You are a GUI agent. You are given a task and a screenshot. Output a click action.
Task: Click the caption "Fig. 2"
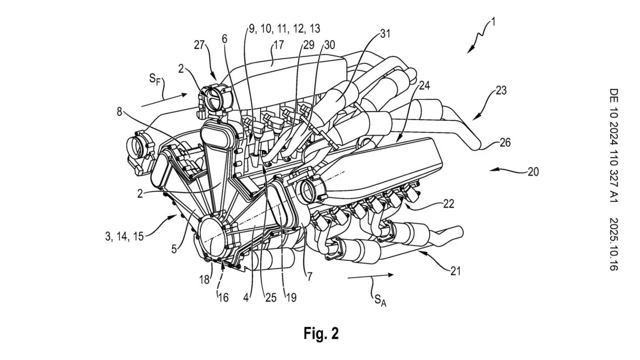point(321,333)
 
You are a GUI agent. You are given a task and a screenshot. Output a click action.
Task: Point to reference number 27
point(200,45)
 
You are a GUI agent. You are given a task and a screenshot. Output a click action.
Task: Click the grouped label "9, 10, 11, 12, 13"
point(285,28)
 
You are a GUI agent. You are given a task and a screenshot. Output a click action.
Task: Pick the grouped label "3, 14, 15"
point(124,236)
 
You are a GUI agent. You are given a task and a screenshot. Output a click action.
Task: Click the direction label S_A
point(380,299)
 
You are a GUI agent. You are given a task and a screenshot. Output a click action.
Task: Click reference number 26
point(505,143)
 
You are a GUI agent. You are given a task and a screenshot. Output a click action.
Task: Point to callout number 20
point(533,171)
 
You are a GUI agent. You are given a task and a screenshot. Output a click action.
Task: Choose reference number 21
point(455,271)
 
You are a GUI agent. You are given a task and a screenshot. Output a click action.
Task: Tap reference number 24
point(425,85)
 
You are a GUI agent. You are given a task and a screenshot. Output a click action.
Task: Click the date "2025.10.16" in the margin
point(612,244)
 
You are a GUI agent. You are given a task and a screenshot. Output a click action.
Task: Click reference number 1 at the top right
point(493,22)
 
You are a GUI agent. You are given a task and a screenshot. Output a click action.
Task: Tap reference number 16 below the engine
point(223,297)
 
